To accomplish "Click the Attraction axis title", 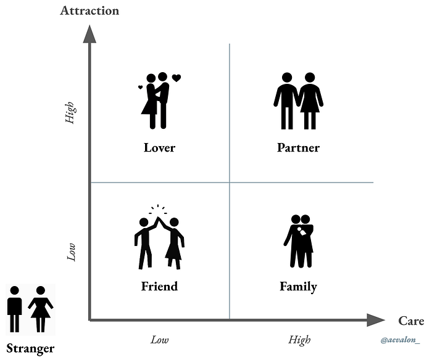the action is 89,10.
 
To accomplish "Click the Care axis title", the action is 411,321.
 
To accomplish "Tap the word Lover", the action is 159,148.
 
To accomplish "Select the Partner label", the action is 298,148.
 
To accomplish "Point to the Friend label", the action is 159,287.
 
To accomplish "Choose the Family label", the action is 298,287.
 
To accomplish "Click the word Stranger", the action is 31,348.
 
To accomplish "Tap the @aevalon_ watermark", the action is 400,340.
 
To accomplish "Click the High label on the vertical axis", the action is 70,113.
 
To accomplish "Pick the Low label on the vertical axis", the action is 71,252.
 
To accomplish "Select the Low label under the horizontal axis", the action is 159,340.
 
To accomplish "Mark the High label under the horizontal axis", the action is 299,340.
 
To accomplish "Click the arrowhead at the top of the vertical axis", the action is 89,34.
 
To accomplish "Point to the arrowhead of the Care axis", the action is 375,320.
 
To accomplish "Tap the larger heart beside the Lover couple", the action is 177,78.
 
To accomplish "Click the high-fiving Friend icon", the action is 159,240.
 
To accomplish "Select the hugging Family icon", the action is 299,240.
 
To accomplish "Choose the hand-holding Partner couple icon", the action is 298,101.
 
